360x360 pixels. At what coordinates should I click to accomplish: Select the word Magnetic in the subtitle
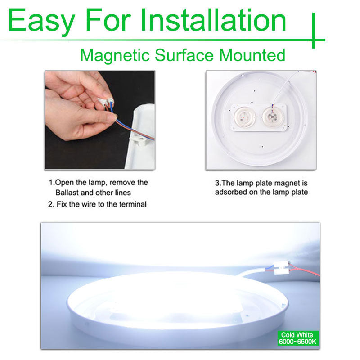(115, 55)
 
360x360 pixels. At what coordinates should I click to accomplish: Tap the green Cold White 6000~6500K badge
(297, 338)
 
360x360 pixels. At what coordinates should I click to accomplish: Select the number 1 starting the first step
(51, 183)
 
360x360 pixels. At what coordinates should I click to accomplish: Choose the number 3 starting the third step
(217, 183)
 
